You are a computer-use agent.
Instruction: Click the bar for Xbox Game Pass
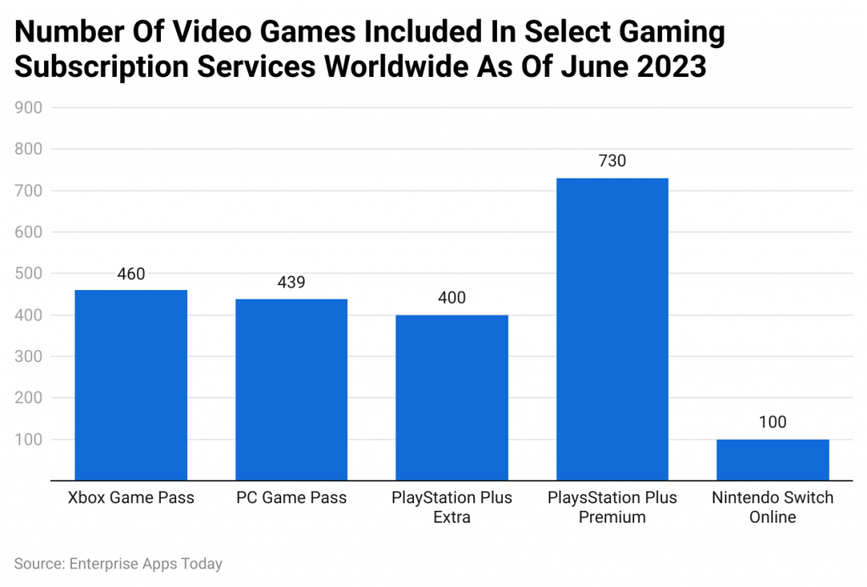coord(131,385)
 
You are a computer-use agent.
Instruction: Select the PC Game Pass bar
coord(291,389)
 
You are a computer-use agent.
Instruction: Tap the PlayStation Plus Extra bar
coord(451,398)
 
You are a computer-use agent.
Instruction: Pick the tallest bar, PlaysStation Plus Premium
coord(612,329)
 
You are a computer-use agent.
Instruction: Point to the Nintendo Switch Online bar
coord(772,459)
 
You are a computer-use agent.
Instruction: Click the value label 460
coord(131,274)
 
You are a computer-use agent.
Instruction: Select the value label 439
coord(291,283)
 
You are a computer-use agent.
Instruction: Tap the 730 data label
coord(612,161)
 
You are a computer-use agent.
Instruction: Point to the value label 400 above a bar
coord(451,299)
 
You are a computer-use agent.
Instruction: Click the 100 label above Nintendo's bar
coord(772,423)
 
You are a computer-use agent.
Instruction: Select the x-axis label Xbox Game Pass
coord(131,498)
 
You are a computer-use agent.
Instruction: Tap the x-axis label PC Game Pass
coord(291,498)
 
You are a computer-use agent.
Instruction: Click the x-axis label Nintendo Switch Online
coord(772,507)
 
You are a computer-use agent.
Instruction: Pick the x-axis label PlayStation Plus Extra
coord(451,507)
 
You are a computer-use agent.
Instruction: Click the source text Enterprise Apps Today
coord(146,563)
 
